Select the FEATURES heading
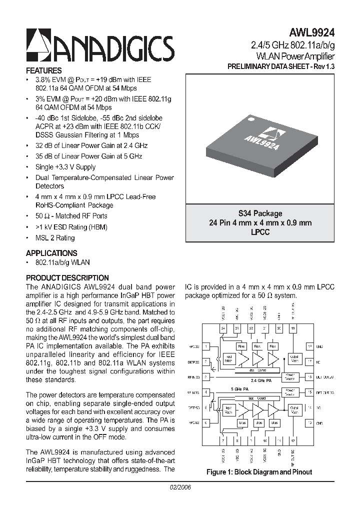point(44,70)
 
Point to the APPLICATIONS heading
point(51,253)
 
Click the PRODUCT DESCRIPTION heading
point(67,277)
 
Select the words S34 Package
point(260,213)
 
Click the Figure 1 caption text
point(259,471)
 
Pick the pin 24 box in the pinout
point(223,328)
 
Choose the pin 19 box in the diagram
point(293,328)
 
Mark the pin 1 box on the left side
point(205,346)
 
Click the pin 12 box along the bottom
point(293,440)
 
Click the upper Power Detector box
point(290,376)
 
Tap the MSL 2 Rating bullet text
point(55,238)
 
